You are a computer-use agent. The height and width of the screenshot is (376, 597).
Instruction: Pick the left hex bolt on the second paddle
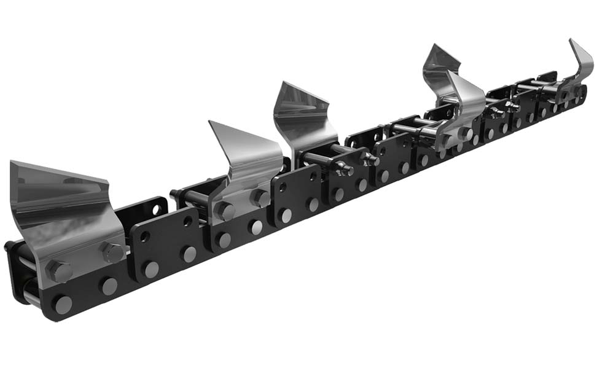point(225,211)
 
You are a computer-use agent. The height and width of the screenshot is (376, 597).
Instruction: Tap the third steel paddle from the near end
point(304,120)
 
